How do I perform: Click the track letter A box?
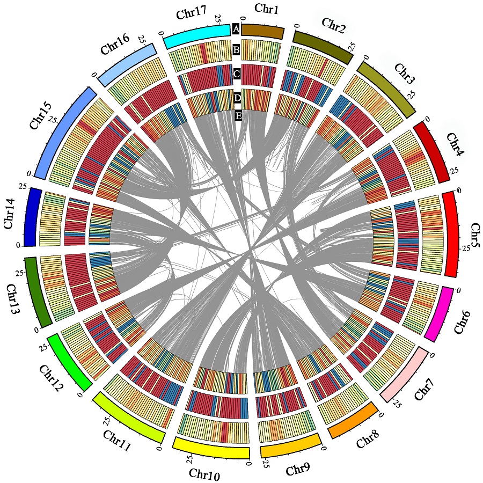[x=235, y=30]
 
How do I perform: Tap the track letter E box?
[x=238, y=115]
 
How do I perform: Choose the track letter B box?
[x=236, y=50]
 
